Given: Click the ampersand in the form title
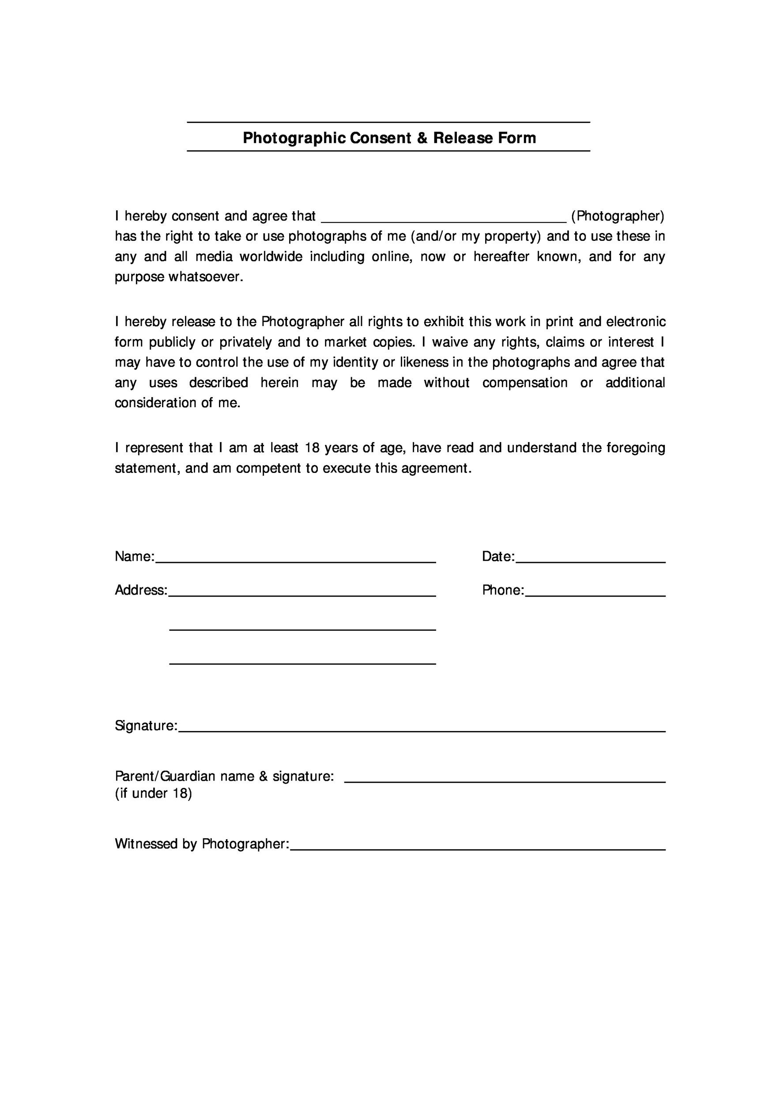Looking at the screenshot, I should point(422,139).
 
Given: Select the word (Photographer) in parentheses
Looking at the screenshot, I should point(618,217).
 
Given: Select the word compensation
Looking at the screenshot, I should point(525,383).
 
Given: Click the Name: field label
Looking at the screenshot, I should point(135,557).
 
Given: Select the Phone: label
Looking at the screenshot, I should point(503,590).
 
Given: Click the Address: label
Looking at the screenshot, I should point(141,590).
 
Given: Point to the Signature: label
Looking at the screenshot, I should point(146,726).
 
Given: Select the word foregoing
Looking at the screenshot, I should point(635,448).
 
